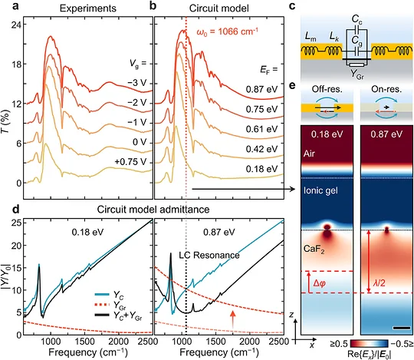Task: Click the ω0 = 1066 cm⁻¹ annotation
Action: click(227, 31)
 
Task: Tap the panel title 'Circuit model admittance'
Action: click(153, 210)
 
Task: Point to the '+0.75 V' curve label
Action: click(130, 162)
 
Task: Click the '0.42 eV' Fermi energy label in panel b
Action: click(261, 149)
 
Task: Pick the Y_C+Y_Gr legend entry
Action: click(119, 315)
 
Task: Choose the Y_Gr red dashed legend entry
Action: click(110, 305)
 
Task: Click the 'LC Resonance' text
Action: click(209, 256)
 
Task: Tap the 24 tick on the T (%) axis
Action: click(16, 25)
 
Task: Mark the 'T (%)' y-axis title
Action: click(6, 121)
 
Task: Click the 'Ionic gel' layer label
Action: click(320, 190)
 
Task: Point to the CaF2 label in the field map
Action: click(314, 249)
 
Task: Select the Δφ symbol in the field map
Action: click(319, 283)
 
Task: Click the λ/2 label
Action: click(379, 283)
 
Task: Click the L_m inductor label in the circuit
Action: click(310, 38)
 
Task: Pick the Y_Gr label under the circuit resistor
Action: click(357, 74)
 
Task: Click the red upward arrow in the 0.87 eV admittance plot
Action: click(232, 319)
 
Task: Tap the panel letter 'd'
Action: click(16, 209)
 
